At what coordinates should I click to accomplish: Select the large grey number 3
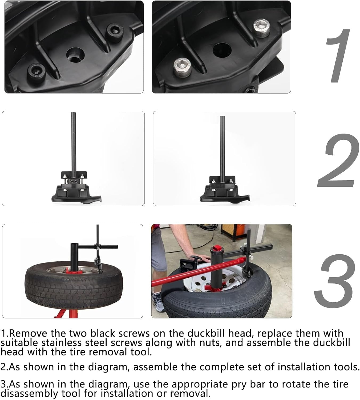coord(335,281)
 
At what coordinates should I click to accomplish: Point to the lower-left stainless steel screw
coord(182,67)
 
